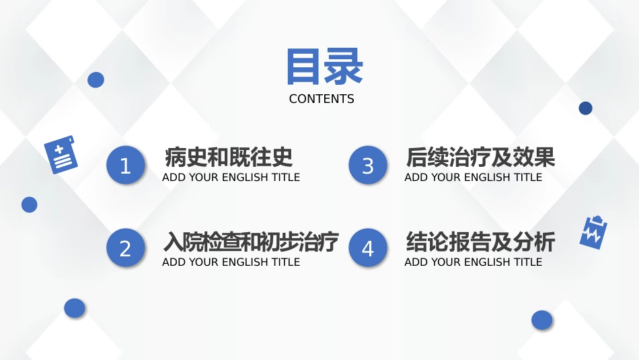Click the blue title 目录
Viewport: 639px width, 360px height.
coord(324,67)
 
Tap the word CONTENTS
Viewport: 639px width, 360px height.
coord(322,99)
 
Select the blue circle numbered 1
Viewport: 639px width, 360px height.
coord(126,165)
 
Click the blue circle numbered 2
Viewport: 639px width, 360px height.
coord(126,248)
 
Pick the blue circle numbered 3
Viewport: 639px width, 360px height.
coord(368,165)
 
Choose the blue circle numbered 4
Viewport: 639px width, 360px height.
coord(368,248)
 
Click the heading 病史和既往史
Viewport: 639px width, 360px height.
coord(229,157)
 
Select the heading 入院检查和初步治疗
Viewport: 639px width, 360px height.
coord(251,242)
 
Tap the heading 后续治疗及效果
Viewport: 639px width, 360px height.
coord(480,157)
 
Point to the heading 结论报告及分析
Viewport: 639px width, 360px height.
coord(480,242)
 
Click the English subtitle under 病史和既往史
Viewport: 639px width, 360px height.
coord(231,178)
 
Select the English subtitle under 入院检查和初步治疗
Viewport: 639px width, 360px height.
coord(231,262)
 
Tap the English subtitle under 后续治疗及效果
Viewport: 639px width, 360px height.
coord(473,178)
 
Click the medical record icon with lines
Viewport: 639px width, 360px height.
coord(61,155)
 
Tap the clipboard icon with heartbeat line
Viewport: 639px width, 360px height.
coord(593,232)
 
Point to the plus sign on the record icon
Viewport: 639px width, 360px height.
coord(59,149)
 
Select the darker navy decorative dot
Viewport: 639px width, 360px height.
coord(586,108)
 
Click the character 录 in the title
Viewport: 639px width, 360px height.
coord(343,67)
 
